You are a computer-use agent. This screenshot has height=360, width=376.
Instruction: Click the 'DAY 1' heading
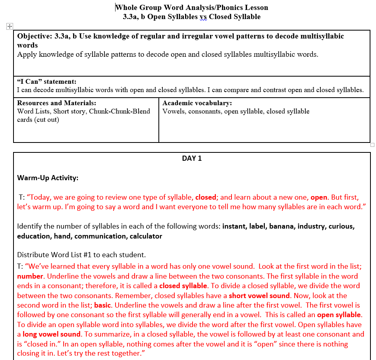pos(192,158)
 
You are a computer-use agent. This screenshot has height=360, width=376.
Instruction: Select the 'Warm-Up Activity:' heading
pos(48,178)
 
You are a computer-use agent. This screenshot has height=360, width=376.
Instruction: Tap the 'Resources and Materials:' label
pos(56,103)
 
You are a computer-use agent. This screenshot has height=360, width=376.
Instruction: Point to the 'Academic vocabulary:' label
pos(197,103)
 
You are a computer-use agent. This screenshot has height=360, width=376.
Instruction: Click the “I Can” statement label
pos(47,82)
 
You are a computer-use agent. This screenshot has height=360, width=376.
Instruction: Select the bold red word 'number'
pos(30,276)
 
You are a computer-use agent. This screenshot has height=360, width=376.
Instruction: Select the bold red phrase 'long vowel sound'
pos(52,334)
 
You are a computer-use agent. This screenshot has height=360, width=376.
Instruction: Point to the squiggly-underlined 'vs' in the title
pos(203,17)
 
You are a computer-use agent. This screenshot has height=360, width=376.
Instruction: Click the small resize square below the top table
pos(372,145)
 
